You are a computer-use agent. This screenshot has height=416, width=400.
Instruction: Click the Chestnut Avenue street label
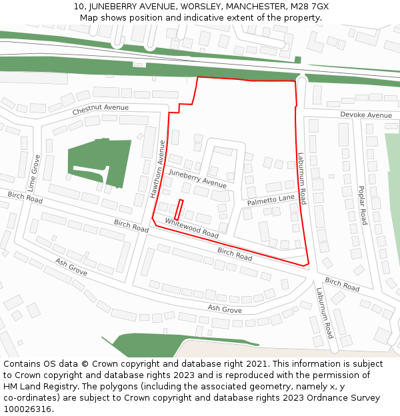(101, 108)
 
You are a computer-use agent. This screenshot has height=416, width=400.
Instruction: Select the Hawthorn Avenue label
(157, 169)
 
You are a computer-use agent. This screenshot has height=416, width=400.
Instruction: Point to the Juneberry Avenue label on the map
(197, 178)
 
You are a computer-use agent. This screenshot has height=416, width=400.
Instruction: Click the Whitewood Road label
(192, 229)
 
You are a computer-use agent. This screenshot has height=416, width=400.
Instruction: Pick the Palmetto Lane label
(271, 200)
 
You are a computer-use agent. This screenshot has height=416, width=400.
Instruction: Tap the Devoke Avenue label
(366, 115)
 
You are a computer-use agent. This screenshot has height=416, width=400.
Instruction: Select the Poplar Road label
(361, 205)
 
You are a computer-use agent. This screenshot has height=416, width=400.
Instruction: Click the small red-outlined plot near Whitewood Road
(179, 210)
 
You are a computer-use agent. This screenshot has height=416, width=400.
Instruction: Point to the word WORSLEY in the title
(177, 7)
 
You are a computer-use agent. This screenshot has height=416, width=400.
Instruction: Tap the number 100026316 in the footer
(27, 409)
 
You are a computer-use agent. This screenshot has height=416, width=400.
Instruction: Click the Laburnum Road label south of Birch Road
(325, 313)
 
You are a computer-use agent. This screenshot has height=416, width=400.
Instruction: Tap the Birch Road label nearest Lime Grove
(25, 198)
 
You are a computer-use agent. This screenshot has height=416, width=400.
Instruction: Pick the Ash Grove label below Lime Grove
(71, 268)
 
